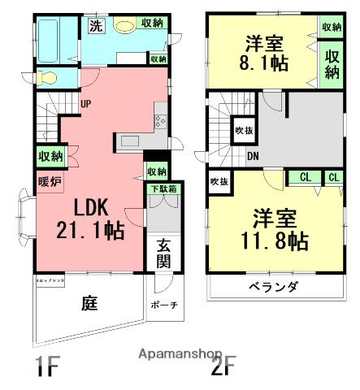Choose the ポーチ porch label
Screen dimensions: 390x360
[164, 305]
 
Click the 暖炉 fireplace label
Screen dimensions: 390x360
[49, 181]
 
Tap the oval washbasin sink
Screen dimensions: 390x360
[124, 26]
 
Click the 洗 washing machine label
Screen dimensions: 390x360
[97, 25]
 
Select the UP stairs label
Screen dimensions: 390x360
[85, 102]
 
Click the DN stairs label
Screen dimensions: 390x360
[253, 156]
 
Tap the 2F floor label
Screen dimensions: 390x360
[225, 366]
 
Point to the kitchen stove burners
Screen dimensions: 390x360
[158, 122]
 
